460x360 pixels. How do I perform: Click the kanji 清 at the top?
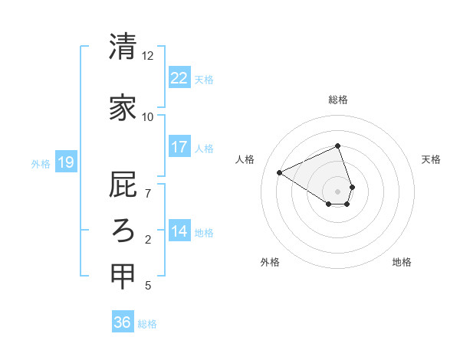coord(123,47)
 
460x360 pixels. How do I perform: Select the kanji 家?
coord(123,110)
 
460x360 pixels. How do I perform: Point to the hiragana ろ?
coord(123,231)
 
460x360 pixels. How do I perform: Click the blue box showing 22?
coord(179,77)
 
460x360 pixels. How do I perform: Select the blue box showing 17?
coord(179,147)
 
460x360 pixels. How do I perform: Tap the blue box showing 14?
coord(179,231)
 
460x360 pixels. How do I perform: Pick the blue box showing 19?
coord(65,162)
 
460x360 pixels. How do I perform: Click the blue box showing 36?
coord(122,322)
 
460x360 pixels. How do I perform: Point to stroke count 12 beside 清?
coord(147,56)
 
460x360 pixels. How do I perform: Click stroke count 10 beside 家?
coord(147,117)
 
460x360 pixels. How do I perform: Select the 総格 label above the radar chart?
coord(338,100)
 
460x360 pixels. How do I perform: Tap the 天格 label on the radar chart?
coord(431,159)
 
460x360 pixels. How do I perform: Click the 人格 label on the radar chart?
coord(245,159)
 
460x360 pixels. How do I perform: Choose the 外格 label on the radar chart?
coord(270,262)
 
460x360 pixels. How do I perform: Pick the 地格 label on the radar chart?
coord(402,262)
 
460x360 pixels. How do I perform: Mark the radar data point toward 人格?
coord(280,172)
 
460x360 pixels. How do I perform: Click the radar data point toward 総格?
coord(338,146)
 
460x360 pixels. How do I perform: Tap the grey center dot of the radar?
coord(338,191)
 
